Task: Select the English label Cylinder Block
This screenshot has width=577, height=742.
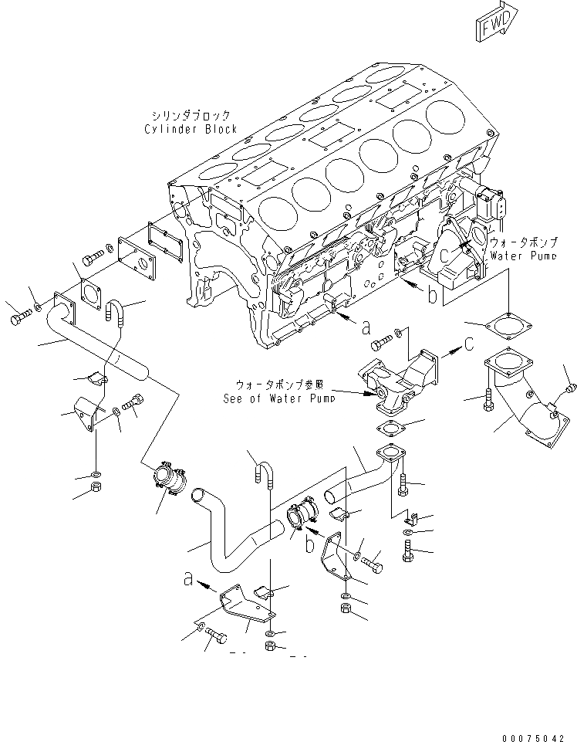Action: pyautogui.click(x=190, y=130)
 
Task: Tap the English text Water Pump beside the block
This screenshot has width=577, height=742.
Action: pyautogui.click(x=523, y=255)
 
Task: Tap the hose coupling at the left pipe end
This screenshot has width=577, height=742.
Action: pyautogui.click(x=167, y=483)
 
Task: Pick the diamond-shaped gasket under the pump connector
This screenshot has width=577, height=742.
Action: pyautogui.click(x=390, y=429)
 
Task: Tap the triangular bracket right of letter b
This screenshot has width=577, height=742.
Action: pyautogui.click(x=336, y=556)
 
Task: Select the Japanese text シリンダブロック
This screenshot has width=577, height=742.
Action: pyautogui.click(x=191, y=115)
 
